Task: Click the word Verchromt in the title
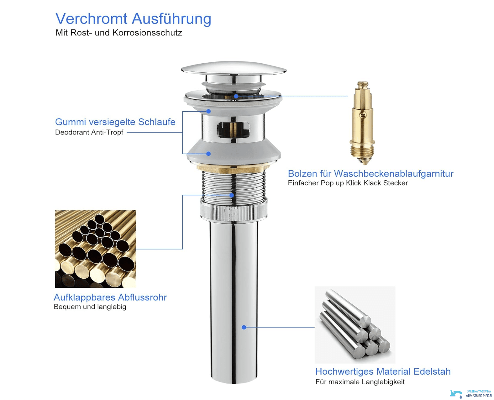(92, 18)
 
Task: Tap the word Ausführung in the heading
(172, 19)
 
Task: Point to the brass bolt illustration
(362, 123)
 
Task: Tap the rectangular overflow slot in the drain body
(233, 129)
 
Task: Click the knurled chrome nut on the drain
(234, 211)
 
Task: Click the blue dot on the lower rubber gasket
(208, 154)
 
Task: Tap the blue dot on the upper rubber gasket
(208, 111)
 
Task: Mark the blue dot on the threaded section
(231, 195)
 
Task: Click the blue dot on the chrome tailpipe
(244, 327)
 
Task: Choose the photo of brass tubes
(95, 249)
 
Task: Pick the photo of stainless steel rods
(355, 325)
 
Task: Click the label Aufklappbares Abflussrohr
(110, 297)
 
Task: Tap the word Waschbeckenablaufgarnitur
(394, 173)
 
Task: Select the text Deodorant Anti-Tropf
(89, 132)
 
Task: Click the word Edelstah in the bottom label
(432, 371)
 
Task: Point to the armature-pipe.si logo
(471, 393)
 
